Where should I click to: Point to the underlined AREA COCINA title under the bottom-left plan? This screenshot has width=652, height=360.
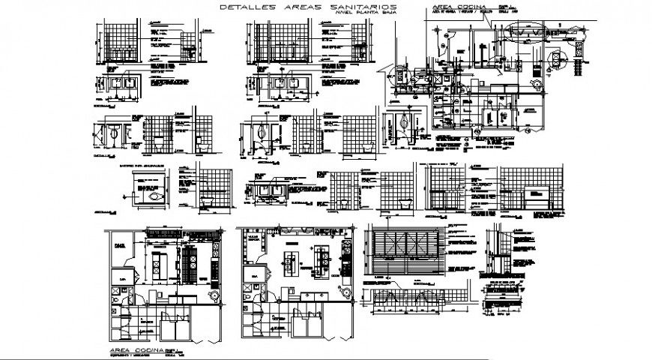point(134,349)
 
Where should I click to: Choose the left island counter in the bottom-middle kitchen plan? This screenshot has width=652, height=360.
point(290,259)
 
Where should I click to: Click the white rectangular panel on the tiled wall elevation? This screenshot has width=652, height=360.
point(536,199)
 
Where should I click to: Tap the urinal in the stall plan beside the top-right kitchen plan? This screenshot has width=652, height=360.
point(405,122)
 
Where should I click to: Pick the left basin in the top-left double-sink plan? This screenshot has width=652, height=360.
point(116,85)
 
